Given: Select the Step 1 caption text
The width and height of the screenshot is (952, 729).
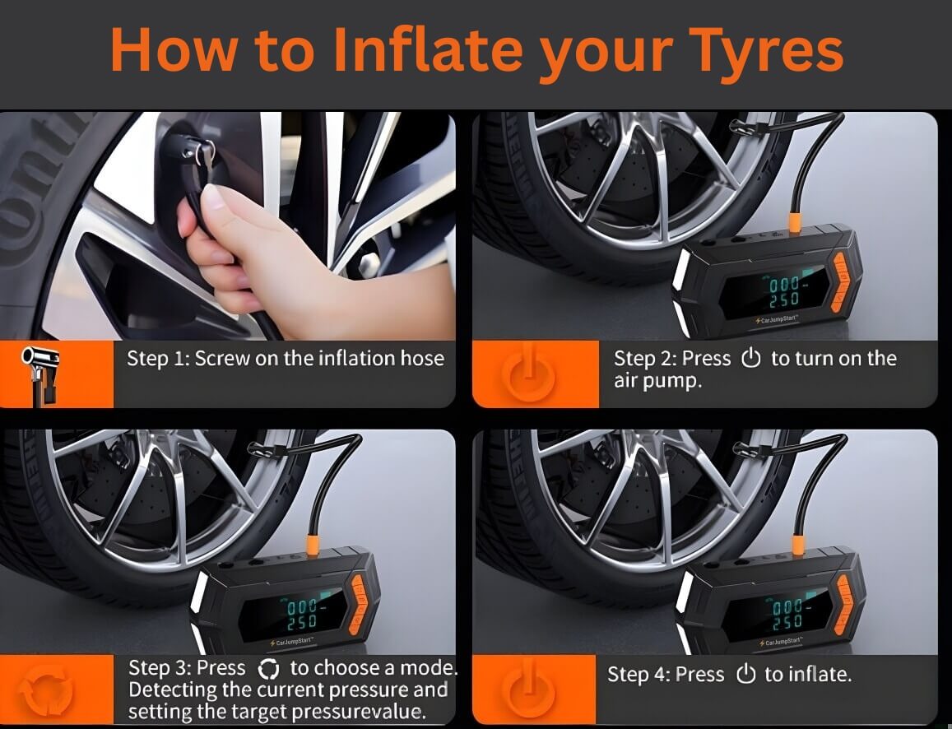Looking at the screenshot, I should pos(285,359).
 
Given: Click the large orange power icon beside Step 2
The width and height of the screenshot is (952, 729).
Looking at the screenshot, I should pos(527,374).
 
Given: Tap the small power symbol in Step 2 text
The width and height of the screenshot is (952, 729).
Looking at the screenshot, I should pos(750,360).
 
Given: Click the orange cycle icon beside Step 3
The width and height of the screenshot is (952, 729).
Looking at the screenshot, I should pos(47,690).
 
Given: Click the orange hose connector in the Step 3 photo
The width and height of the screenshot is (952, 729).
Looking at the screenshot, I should pos(313,545).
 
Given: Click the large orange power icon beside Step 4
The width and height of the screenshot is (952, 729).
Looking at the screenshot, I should pos(527,690).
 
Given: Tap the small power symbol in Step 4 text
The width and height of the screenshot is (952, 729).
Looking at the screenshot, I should pos(745,676).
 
